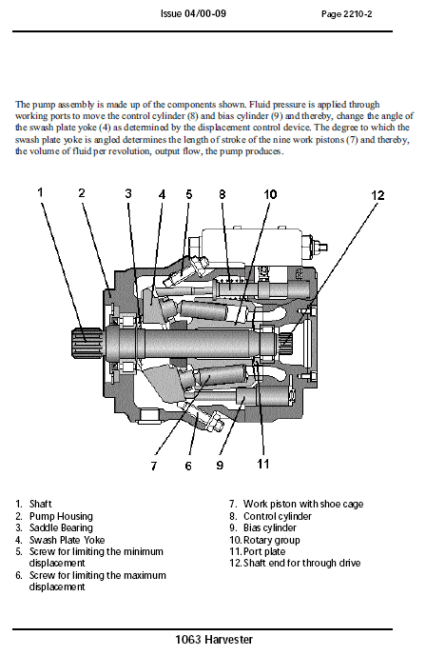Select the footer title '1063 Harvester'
point(213,639)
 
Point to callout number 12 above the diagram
point(378,195)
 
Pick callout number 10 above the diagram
point(270,194)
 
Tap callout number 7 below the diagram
point(153,466)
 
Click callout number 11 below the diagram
point(263,464)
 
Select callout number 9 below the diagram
point(220,466)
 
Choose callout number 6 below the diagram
point(188,466)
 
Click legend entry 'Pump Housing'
point(56,516)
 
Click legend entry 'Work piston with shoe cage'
point(302,504)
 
